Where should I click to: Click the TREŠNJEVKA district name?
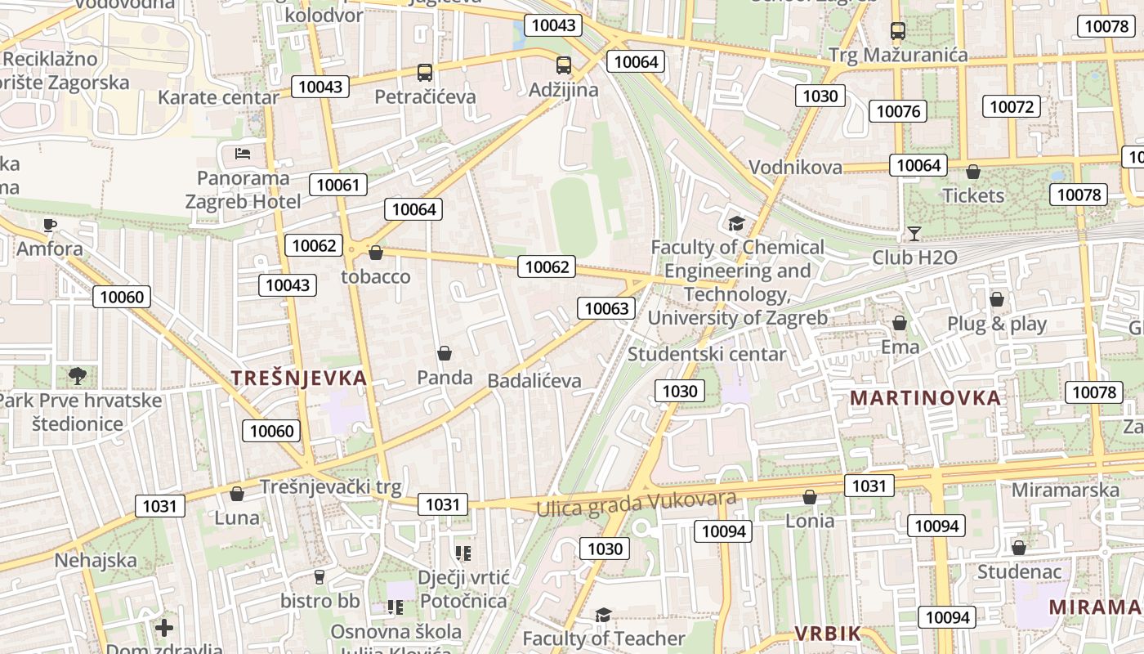299,378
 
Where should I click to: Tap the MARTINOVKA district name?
925,398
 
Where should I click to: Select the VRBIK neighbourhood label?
827,634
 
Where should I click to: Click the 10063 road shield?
606,308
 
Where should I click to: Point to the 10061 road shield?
338,185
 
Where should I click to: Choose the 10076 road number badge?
897,111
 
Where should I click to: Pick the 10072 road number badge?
1012,106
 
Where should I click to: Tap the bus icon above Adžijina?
563,65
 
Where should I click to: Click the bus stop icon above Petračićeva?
424,73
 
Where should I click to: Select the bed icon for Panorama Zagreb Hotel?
243,153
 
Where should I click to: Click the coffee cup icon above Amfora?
50,224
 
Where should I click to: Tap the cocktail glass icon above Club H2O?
914,234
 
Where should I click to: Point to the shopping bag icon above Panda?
445,353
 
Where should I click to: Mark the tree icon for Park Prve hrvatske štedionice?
78,375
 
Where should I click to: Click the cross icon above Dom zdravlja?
164,628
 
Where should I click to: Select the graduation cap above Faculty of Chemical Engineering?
736,223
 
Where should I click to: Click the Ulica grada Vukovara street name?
636,504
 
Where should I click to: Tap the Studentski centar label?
707,354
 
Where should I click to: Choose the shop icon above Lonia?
810,497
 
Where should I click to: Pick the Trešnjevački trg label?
331,487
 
